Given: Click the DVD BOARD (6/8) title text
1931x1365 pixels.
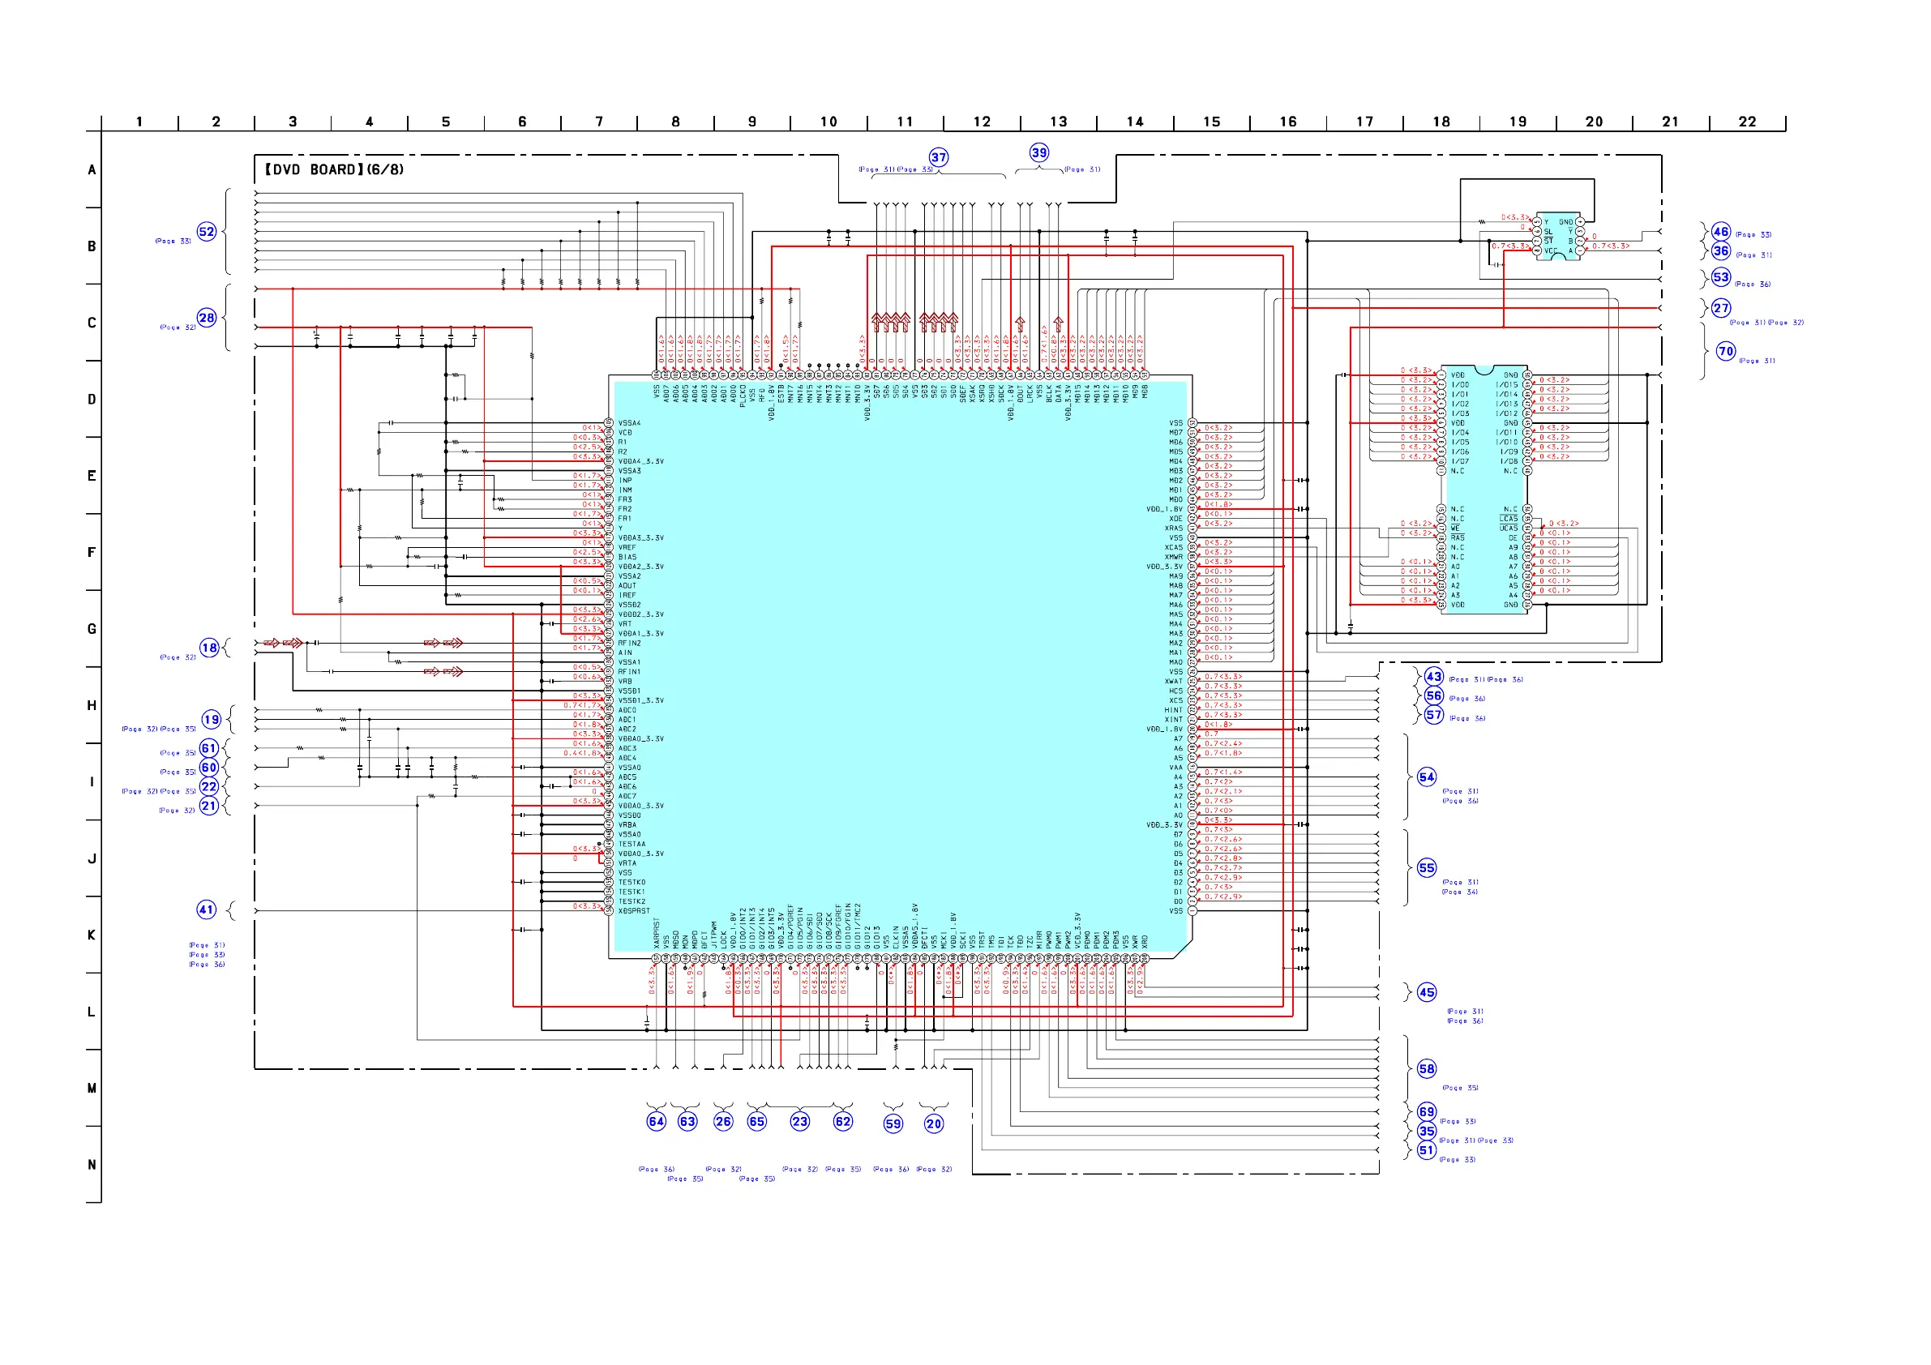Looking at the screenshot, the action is [x=334, y=170].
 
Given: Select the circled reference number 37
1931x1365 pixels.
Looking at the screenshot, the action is [x=939, y=157].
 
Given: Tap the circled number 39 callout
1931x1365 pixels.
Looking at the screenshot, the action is [x=1039, y=153].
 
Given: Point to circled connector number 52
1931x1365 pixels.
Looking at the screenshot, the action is [x=207, y=232].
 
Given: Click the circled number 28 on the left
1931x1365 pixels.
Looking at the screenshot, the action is [x=207, y=318].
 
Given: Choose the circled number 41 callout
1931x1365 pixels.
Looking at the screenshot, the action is [x=207, y=910].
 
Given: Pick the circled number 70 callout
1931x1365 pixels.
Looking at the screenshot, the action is [x=1726, y=352].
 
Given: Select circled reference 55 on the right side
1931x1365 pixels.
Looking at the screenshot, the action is [x=1428, y=868].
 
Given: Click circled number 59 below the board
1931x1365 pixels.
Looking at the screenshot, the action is [x=893, y=1123].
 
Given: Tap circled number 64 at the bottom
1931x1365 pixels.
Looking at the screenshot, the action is [x=657, y=1121].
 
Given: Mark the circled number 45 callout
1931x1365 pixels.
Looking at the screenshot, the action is [x=1428, y=992].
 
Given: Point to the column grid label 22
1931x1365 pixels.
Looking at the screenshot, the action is [x=1748, y=122].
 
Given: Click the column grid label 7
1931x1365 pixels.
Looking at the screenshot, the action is [x=599, y=122].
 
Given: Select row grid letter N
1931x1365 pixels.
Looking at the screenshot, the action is [x=92, y=1165].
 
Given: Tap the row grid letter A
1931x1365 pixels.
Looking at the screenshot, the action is [x=92, y=170].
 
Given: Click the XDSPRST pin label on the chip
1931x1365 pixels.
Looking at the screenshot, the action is [x=634, y=911].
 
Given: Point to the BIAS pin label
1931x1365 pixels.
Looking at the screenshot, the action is [x=627, y=557].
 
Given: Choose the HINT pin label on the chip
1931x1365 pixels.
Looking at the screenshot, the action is [x=1173, y=710].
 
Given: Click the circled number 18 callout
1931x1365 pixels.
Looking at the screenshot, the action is [x=209, y=648].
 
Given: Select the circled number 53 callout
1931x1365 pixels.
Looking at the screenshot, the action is [x=1722, y=277].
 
